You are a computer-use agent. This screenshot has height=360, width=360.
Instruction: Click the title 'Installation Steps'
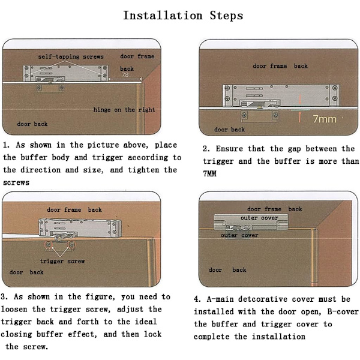coord(183,16)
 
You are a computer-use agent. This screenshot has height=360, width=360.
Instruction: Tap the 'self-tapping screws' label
coord(71,57)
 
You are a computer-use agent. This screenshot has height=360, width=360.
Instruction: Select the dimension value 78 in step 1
coord(125,74)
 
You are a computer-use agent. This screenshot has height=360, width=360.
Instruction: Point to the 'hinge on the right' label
coord(124,110)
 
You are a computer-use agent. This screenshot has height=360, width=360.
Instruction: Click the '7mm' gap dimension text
coord(325,119)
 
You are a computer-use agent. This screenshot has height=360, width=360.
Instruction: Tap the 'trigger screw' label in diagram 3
coord(62,261)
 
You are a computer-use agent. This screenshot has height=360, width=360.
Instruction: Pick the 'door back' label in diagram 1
coord(32,124)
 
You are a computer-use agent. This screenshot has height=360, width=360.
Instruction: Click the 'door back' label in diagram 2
coord(229,130)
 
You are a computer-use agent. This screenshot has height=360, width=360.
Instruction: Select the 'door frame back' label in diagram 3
coord(74,209)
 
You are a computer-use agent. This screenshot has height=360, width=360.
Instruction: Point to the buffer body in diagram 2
coord(281,95)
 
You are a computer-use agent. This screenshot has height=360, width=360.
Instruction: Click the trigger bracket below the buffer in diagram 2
coord(260,116)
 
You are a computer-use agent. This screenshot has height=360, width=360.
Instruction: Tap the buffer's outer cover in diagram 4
coord(251,222)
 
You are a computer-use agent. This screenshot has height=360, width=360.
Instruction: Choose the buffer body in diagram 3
coord(80,228)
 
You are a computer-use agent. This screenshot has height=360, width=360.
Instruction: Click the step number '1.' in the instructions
coord(7,145)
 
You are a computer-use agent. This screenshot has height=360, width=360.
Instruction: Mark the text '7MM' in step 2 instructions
coord(209,173)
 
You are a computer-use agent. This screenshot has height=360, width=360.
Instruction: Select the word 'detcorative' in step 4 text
coord(263,299)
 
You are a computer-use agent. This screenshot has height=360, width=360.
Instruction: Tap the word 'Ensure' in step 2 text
coord(229,149)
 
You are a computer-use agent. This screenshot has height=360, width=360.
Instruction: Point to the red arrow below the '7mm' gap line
coord(299,116)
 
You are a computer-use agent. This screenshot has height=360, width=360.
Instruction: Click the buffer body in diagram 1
coord(65,73)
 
